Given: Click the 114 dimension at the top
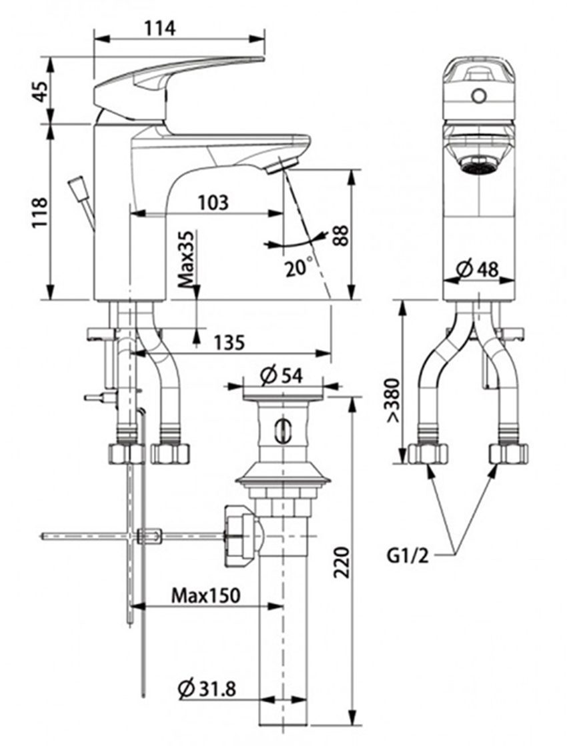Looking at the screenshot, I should [159, 28].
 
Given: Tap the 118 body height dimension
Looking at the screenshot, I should [39, 212].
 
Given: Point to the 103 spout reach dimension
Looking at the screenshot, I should [213, 201].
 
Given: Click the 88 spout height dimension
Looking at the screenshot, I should [341, 236].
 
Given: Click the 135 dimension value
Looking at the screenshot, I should [229, 341].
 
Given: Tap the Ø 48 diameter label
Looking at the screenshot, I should [478, 269].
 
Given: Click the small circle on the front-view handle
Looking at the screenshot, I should [477, 95].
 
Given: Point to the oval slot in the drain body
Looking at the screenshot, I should [283, 430].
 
